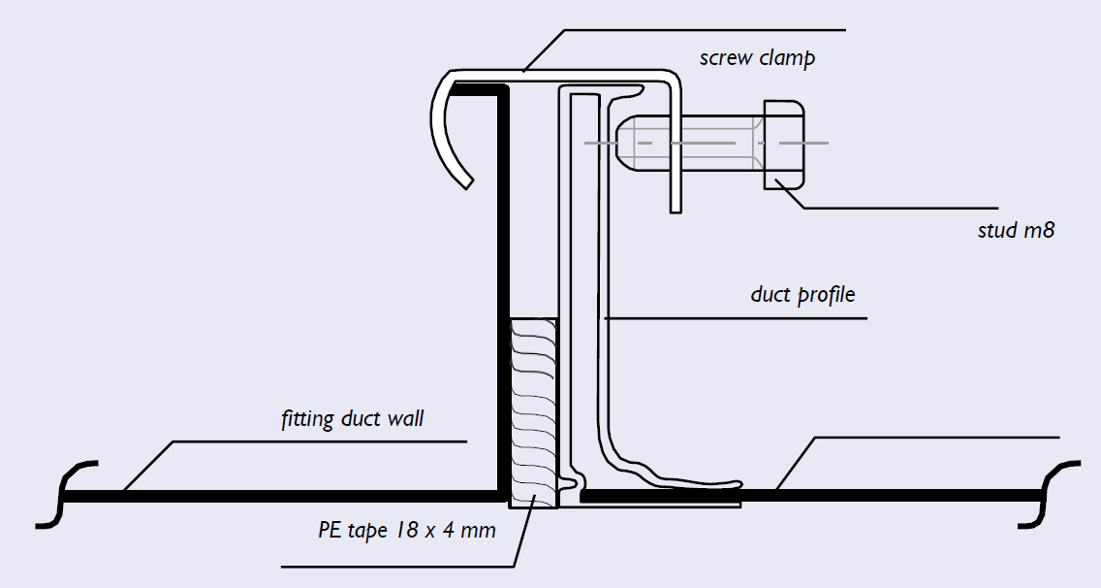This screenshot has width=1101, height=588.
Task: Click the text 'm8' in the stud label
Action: pyautogui.click(x=1039, y=230)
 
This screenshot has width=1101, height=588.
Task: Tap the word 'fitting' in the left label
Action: pyautogui.click(x=307, y=419)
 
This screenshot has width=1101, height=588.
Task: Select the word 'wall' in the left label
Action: pyautogui.click(x=405, y=418)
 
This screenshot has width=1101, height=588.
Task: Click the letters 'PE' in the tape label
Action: pyautogui.click(x=329, y=529)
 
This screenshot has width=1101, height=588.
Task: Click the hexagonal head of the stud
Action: pyautogui.click(x=784, y=145)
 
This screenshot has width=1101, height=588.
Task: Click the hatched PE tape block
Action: pyautogui.click(x=533, y=413)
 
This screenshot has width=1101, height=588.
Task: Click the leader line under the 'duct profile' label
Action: pyautogui.click(x=736, y=318)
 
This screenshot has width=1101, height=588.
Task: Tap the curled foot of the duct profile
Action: pyautogui.click(x=667, y=478)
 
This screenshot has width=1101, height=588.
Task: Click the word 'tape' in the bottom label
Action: pyautogui.click(x=367, y=531)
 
